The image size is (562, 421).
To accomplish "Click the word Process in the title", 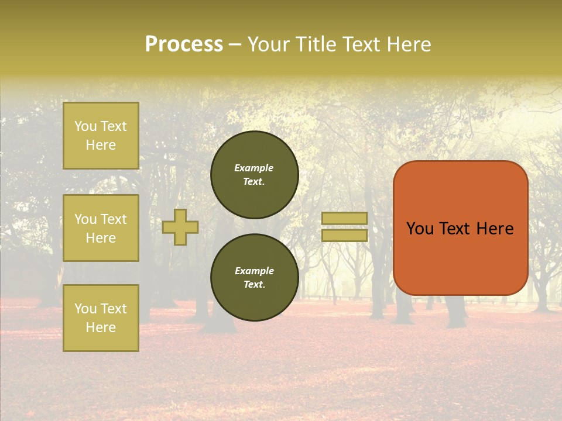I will click(x=184, y=44).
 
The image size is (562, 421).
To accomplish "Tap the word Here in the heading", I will click(x=408, y=44).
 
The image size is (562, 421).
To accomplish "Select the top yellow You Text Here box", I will click(x=101, y=136).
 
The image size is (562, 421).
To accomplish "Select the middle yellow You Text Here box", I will click(x=101, y=228).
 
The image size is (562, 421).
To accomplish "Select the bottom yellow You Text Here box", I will click(x=101, y=318).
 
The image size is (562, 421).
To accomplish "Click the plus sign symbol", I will click(x=180, y=227).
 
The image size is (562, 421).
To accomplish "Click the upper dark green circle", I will click(x=255, y=175).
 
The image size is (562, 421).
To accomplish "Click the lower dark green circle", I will click(x=255, y=278).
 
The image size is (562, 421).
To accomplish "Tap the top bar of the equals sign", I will click(x=344, y=218).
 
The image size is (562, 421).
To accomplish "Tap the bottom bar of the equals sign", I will click(x=344, y=236).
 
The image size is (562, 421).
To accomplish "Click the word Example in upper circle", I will click(x=254, y=168).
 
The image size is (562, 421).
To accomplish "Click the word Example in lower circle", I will click(x=254, y=271).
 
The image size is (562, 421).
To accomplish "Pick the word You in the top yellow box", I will click(x=85, y=126).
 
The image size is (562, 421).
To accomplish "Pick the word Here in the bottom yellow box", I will click(x=101, y=327).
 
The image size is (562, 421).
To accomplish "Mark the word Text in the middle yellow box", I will click(x=114, y=219).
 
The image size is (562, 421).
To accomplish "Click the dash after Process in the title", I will click(x=235, y=44).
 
